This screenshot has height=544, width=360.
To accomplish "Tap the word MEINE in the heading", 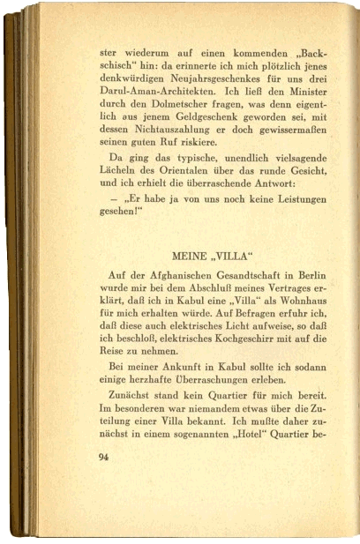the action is click(x=189, y=256).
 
